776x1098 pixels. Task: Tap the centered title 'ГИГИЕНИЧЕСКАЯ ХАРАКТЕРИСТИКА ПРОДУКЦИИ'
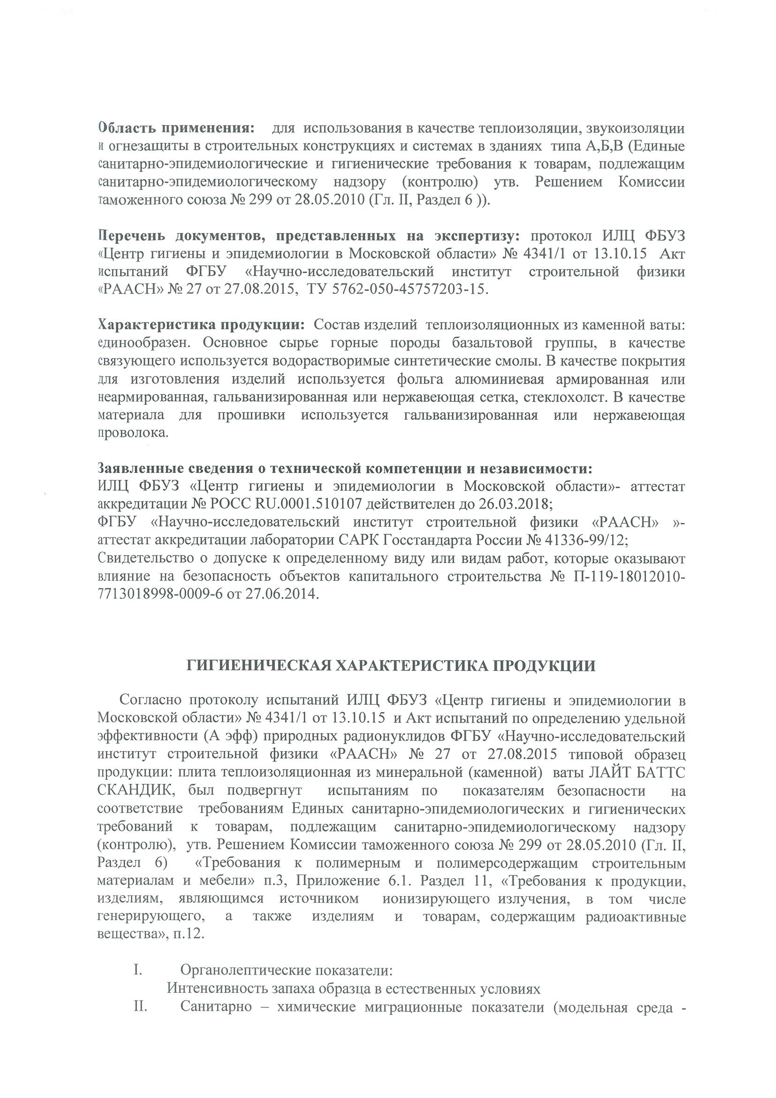tap(391, 666)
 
